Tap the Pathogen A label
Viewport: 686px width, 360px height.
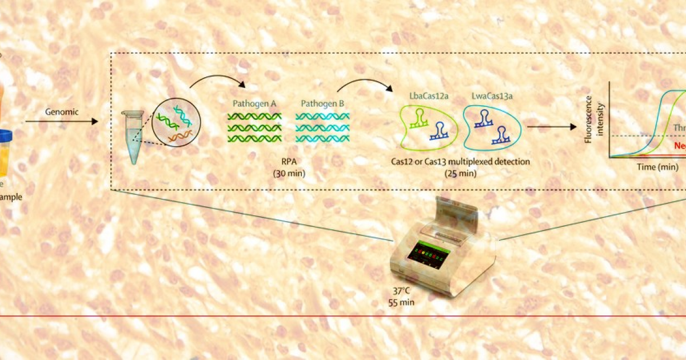[x=254, y=104]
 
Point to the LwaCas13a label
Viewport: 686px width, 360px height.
[x=492, y=96]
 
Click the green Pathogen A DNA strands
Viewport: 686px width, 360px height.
[x=254, y=127]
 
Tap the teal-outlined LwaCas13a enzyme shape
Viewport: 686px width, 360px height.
[x=492, y=127]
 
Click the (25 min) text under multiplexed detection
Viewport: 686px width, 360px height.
[x=460, y=172]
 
